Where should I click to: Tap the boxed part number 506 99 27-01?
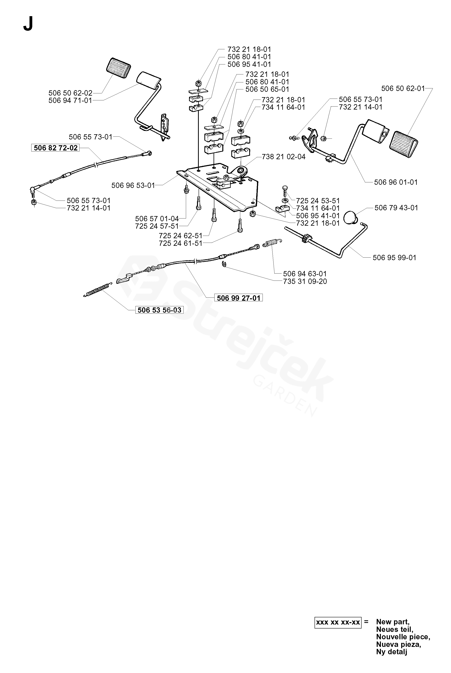point(238,298)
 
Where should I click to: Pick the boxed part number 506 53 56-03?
point(159,310)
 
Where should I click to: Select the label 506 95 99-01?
point(394,258)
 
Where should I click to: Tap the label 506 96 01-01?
point(396,182)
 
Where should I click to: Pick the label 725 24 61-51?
point(181,243)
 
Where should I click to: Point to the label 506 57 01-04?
point(157,219)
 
